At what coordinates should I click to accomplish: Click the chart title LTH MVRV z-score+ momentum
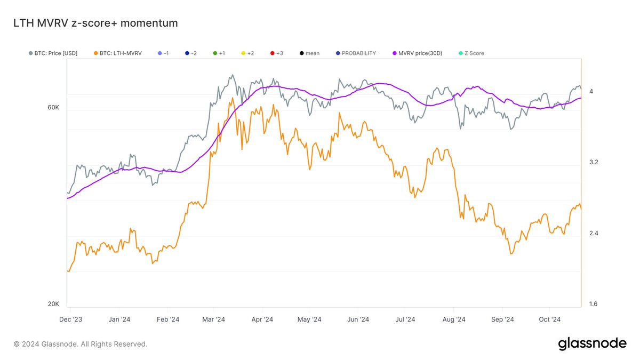[x=95, y=23]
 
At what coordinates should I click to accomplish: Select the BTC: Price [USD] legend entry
[x=53, y=53]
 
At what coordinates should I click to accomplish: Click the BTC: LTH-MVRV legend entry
[x=118, y=53]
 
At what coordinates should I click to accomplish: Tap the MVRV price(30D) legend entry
[x=418, y=53]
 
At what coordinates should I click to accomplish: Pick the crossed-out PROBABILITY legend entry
[x=356, y=53]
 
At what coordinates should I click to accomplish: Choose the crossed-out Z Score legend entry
[x=471, y=53]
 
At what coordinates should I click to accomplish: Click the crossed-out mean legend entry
[x=309, y=53]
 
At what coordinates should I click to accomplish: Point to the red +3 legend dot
[x=273, y=53]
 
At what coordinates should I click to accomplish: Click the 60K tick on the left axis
[x=53, y=107]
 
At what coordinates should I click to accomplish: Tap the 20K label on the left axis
[x=53, y=304]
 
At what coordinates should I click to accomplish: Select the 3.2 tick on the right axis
[x=594, y=162]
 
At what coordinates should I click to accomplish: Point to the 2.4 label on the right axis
[x=594, y=233]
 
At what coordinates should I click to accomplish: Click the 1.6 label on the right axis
[x=594, y=304]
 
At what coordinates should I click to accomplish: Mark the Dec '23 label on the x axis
[x=70, y=319]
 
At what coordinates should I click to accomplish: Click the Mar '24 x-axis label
[x=213, y=319]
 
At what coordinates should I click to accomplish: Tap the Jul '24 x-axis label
[x=405, y=319]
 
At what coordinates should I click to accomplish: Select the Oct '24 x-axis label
[x=550, y=319]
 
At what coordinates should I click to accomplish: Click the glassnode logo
[x=593, y=344]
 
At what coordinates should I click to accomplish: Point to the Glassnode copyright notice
[x=81, y=344]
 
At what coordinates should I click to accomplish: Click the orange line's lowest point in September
[x=511, y=254]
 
